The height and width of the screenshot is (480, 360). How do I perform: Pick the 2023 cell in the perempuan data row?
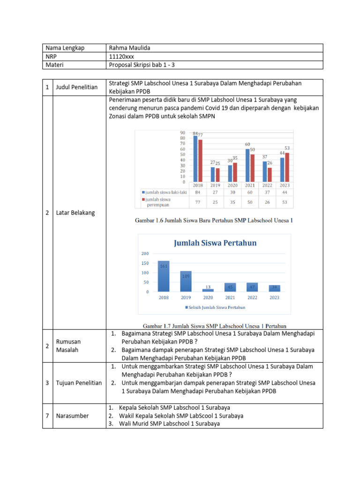285,202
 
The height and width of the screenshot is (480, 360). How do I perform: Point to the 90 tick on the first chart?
183,132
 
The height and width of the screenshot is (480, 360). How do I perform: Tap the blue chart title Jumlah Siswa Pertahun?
215,243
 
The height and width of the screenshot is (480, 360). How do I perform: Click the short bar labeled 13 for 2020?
208,290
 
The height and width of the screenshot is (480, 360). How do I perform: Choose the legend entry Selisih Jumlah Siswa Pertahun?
216,307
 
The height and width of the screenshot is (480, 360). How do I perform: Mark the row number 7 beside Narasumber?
48,416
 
